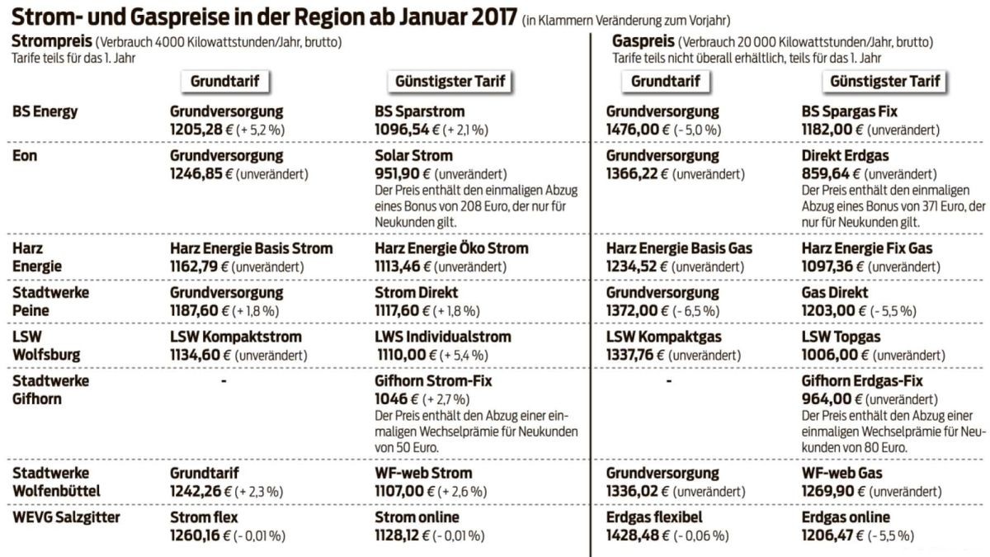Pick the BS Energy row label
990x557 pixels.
click(45, 111)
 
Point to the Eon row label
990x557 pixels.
click(24, 155)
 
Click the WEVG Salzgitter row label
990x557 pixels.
click(66, 517)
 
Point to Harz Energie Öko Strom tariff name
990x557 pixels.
click(450, 248)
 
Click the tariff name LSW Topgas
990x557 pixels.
click(841, 337)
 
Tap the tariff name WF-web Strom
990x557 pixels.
click(423, 473)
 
